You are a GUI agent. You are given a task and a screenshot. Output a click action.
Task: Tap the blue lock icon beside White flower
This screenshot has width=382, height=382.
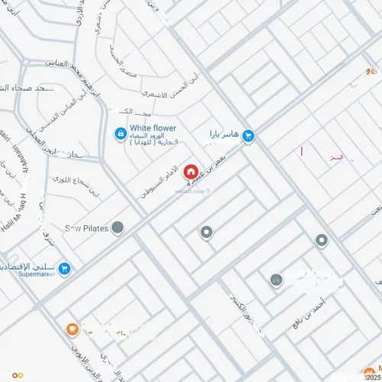121,134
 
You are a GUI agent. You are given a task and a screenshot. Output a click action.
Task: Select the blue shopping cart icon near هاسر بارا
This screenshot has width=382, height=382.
248,136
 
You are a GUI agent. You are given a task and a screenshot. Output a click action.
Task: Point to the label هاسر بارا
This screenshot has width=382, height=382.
224,136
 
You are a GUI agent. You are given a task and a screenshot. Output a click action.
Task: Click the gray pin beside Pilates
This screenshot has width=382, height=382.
118,227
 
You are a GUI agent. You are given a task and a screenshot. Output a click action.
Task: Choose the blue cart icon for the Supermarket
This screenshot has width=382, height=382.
65,268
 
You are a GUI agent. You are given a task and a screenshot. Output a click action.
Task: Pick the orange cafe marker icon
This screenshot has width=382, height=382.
72,330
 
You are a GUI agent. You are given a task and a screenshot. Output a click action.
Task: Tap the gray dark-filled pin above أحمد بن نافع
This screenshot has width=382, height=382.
277,280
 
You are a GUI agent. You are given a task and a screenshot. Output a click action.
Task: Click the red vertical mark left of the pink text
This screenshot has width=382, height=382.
303,153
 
